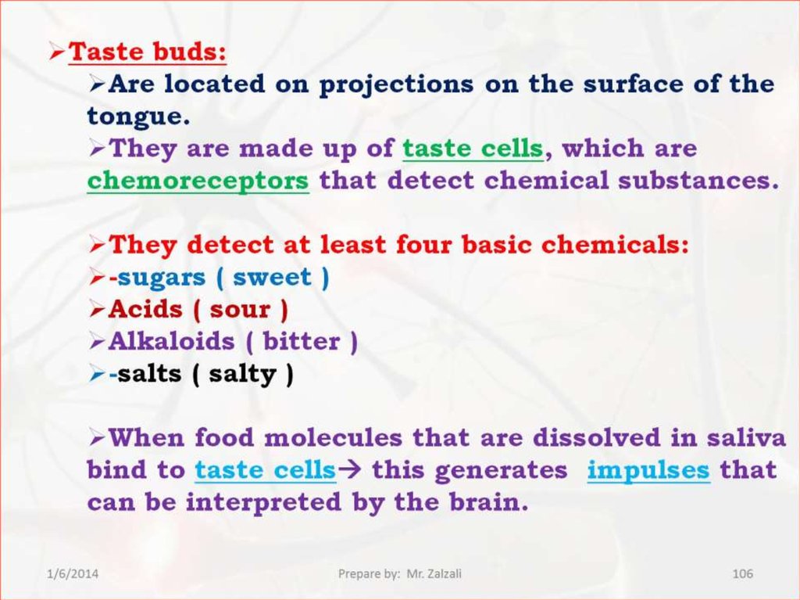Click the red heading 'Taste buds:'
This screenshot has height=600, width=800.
[148, 51]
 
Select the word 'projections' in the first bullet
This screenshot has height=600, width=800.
[396, 84]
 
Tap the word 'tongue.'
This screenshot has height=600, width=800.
[139, 117]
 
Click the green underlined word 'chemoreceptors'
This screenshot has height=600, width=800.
[198, 180]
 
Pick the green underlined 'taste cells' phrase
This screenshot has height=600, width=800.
[473, 148]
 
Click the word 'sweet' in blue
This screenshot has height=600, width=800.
[272, 277]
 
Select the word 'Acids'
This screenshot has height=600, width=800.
[145, 309]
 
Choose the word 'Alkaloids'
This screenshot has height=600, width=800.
[171, 341]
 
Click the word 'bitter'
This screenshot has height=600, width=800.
[302, 341]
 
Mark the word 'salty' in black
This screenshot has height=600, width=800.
[242, 374]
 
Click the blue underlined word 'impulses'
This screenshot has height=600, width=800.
[648, 470]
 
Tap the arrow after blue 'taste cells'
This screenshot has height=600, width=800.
[349, 469]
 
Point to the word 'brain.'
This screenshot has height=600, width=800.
[489, 502]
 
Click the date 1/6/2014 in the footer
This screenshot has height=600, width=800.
[73, 573]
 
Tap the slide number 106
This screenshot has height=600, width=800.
[742, 573]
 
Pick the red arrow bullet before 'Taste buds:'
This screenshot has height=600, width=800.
[57, 52]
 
